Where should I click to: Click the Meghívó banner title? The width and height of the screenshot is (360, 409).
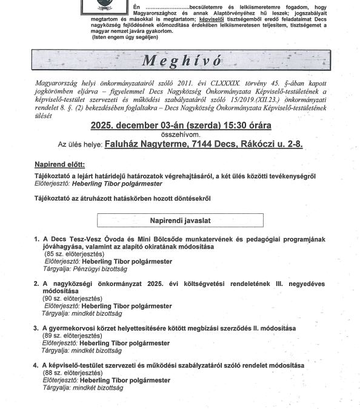(x=180, y=61)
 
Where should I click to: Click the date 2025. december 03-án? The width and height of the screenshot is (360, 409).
(x=148, y=126)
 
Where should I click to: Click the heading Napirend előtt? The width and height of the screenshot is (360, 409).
(x=60, y=165)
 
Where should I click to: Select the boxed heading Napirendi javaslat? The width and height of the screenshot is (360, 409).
(x=181, y=222)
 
